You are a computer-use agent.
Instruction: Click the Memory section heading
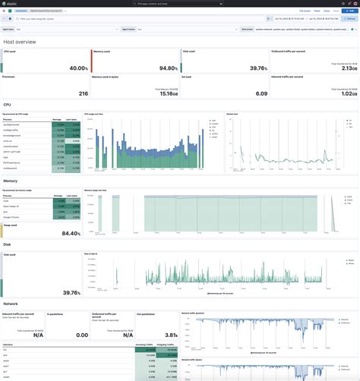pos(11,181)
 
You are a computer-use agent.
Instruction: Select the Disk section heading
pos(8,244)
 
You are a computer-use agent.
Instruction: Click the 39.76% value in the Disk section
pos(70,291)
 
